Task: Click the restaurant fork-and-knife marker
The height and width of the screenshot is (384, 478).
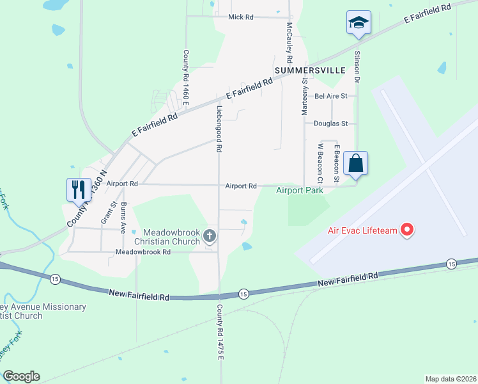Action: pyautogui.click(x=79, y=189)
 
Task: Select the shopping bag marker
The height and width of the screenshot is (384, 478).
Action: pyautogui.click(x=356, y=163)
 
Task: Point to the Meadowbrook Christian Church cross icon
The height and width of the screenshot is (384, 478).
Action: pyautogui.click(x=208, y=236)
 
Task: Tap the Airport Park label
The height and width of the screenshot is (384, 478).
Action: pyautogui.click(x=299, y=190)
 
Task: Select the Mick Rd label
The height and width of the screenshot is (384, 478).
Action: pyautogui.click(x=241, y=17)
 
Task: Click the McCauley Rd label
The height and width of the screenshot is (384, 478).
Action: pyautogui.click(x=289, y=38)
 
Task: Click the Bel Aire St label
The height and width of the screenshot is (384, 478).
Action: pyautogui.click(x=330, y=96)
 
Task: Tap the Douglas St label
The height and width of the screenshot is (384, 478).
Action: pyautogui.click(x=330, y=124)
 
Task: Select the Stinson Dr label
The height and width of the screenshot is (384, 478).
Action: pyautogui.click(x=357, y=65)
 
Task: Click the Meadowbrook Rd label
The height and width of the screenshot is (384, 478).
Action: pyautogui.click(x=143, y=252)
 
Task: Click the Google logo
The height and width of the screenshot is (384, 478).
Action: pyautogui.click(x=21, y=376)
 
